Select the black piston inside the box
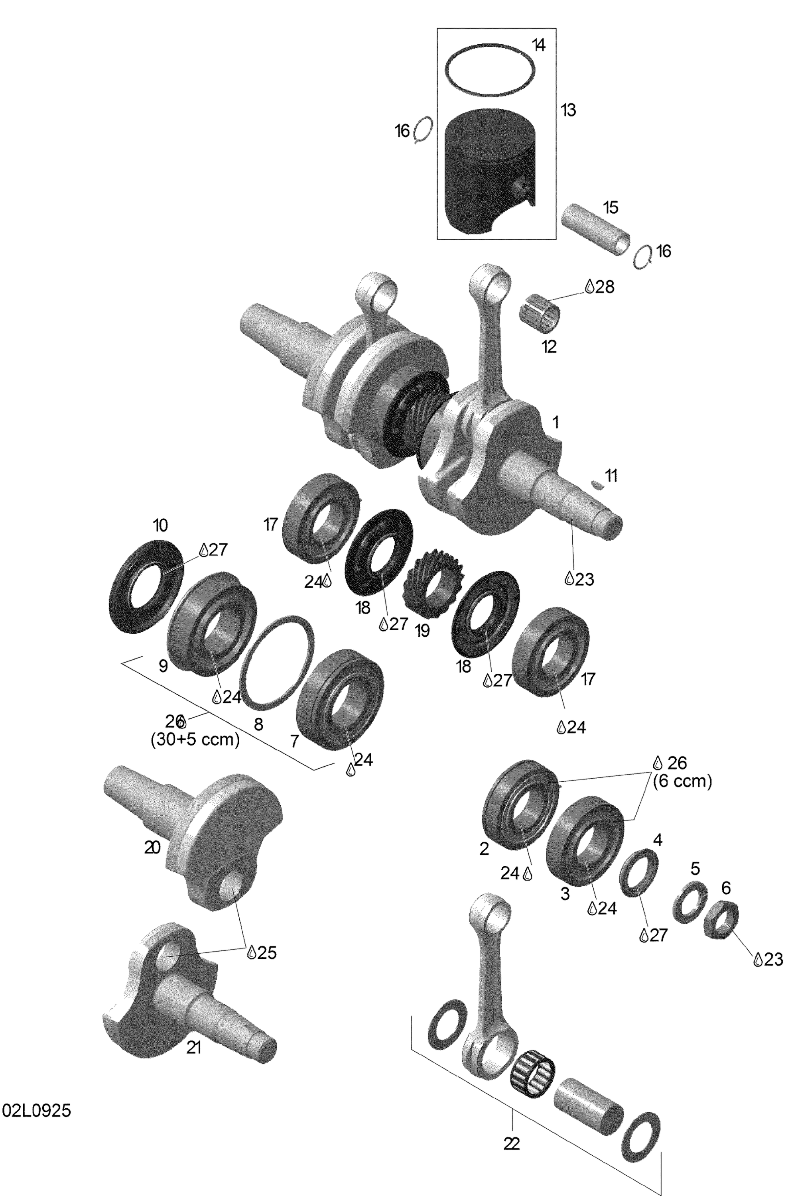point(491,172)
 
